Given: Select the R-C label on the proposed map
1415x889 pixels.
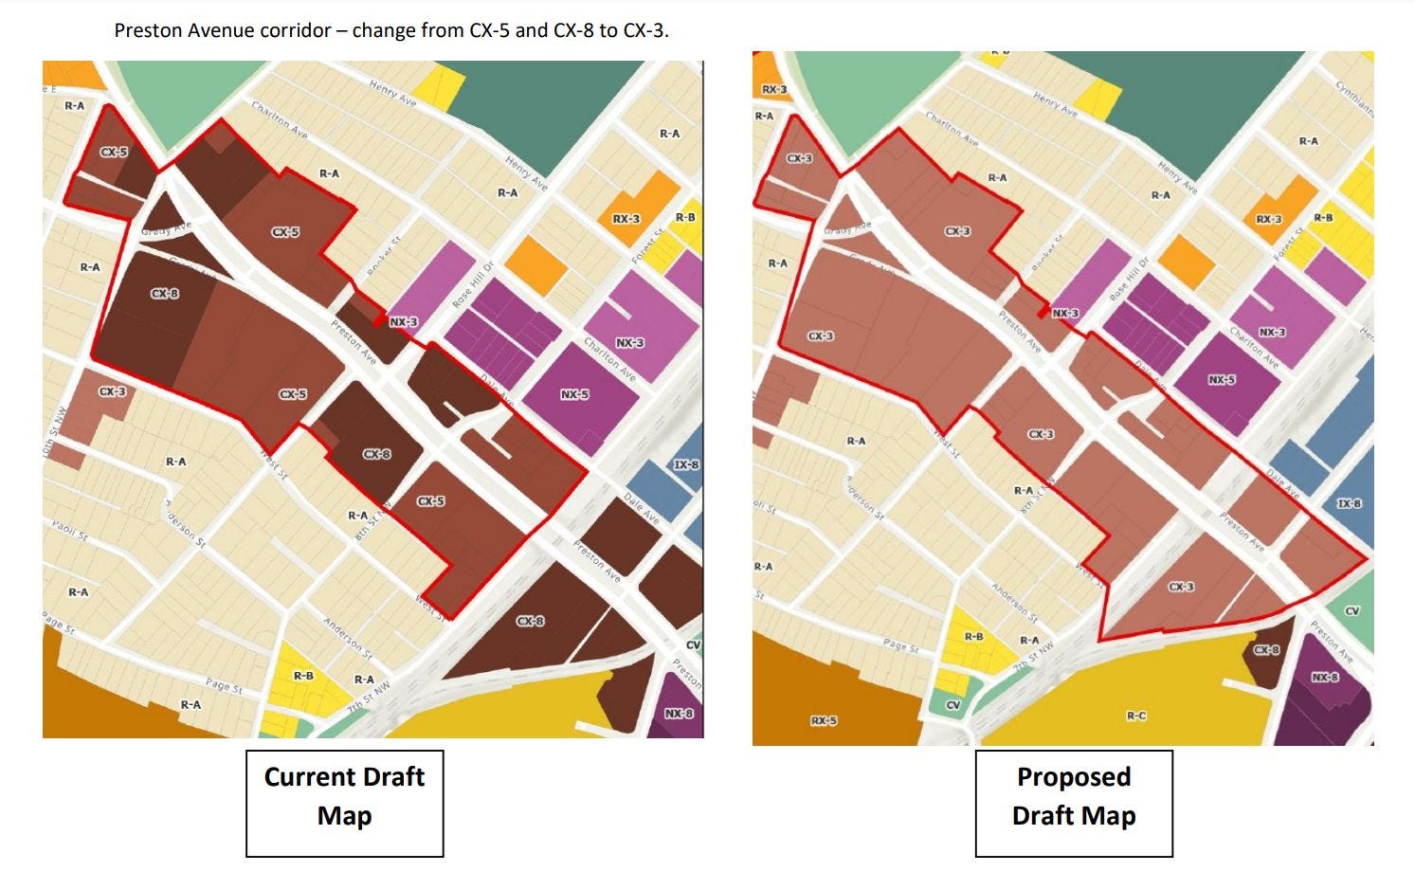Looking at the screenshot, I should (1135, 716).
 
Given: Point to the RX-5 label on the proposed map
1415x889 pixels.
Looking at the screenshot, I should (824, 720).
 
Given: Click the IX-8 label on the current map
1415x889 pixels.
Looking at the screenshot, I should (686, 464).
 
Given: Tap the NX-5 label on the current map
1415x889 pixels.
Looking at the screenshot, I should (573, 394).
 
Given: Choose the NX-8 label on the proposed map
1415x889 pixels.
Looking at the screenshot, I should (1325, 677).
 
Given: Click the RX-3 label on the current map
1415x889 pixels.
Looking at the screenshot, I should (626, 219).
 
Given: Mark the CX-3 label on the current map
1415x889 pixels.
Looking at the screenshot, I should (112, 391).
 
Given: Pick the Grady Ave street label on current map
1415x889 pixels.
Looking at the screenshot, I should (166, 229).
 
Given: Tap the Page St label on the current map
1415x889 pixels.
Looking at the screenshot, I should (224, 685).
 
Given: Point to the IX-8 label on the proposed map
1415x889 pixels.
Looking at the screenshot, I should (1349, 503).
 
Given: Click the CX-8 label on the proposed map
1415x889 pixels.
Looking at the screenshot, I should (1266, 650).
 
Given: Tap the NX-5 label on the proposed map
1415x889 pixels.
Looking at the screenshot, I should (1222, 379).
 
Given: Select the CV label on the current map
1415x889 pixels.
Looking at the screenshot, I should (693, 645).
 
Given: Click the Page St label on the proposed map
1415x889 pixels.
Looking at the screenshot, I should (900, 647).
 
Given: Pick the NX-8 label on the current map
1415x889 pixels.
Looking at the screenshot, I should (678, 713).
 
